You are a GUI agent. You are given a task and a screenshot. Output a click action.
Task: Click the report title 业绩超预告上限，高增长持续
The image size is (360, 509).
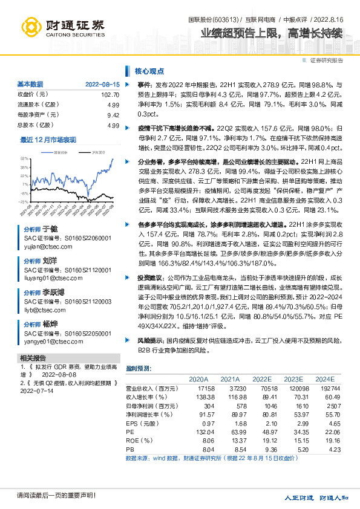(x=272, y=33)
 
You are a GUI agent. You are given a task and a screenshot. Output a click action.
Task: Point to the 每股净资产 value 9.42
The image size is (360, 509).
(x=113, y=115)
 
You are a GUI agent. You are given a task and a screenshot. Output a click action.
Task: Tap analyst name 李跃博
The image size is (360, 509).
(x=53, y=292)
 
